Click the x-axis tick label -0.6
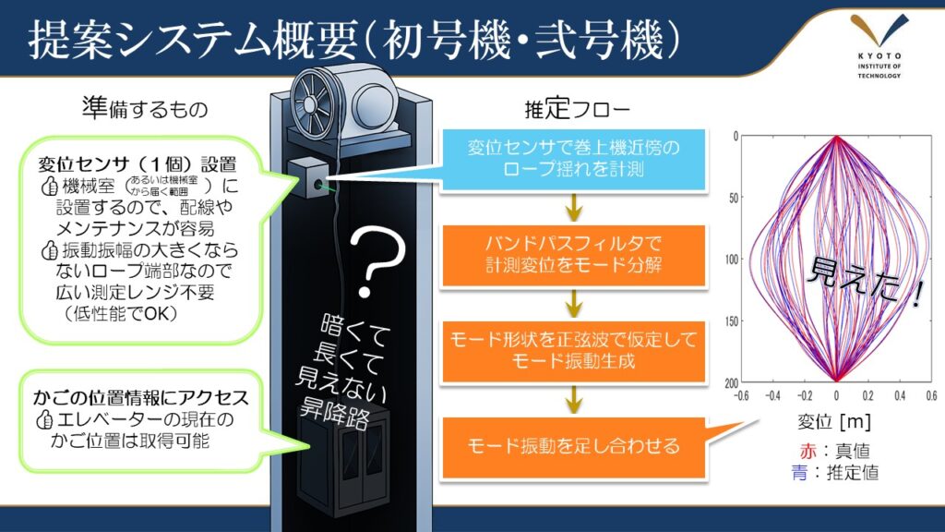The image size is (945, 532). pyautogui.click(x=740, y=393)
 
